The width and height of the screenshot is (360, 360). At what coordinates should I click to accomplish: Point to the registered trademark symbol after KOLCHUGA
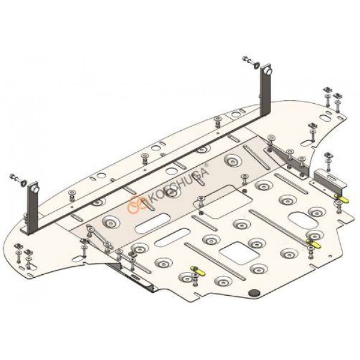(206, 164)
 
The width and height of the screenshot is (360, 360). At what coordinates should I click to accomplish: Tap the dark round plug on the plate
(254, 293)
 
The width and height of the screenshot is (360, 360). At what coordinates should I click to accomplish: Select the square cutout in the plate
(239, 253)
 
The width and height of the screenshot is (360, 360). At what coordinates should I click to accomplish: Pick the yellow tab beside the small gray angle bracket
(342, 199)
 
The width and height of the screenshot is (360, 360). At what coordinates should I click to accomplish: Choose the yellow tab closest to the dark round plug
(197, 272)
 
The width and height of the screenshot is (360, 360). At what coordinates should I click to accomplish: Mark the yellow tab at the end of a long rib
(314, 244)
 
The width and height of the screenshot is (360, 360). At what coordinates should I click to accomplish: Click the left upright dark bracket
(32, 208)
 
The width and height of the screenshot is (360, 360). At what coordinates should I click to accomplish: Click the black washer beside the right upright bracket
(256, 65)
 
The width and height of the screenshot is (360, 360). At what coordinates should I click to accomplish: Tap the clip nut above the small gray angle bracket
(327, 154)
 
